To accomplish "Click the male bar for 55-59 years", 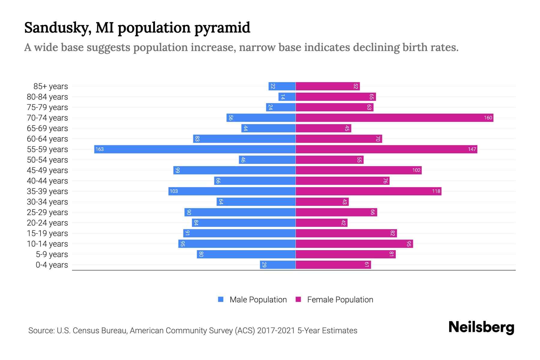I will click(x=195, y=149).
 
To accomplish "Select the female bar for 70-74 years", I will click(x=394, y=118).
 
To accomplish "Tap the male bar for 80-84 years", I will click(x=287, y=97).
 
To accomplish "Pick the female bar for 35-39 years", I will click(x=368, y=191).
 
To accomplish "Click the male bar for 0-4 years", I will click(x=278, y=265).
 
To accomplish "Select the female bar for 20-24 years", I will click(x=322, y=223).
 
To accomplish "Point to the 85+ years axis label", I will click(x=51, y=86).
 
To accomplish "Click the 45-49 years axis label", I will click(x=47, y=170).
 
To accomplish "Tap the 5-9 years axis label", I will click(x=52, y=254).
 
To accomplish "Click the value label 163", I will click(x=100, y=149).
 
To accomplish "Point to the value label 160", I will click(x=488, y=118).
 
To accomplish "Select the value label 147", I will click(x=472, y=149).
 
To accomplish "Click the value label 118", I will click(x=436, y=191).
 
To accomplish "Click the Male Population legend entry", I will click(x=258, y=299).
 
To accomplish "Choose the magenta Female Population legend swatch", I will click(x=298, y=299).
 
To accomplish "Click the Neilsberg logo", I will click(x=481, y=327).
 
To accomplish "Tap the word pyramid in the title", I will click(x=222, y=28).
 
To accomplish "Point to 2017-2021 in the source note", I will click(x=276, y=331).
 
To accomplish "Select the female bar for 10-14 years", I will click(x=354, y=244).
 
